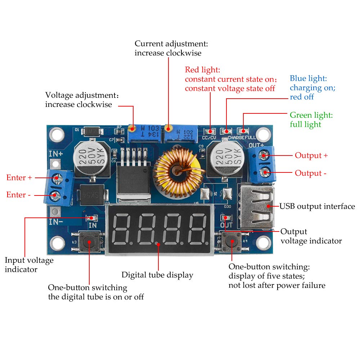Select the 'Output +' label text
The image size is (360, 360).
click(311, 156)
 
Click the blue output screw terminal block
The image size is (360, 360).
click(262, 164)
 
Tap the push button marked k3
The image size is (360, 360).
click(89, 242)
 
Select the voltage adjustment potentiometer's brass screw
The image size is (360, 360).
click(132, 127)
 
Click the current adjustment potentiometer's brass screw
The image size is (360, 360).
click(168, 128)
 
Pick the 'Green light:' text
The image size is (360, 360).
click(311, 115)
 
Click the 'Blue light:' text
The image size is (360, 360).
click(308, 78)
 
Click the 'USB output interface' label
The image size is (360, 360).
click(317, 207)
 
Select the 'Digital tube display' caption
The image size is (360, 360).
click(157, 275)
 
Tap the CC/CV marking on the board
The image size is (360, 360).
click(209, 138)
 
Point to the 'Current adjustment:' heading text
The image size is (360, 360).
click(171, 44)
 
